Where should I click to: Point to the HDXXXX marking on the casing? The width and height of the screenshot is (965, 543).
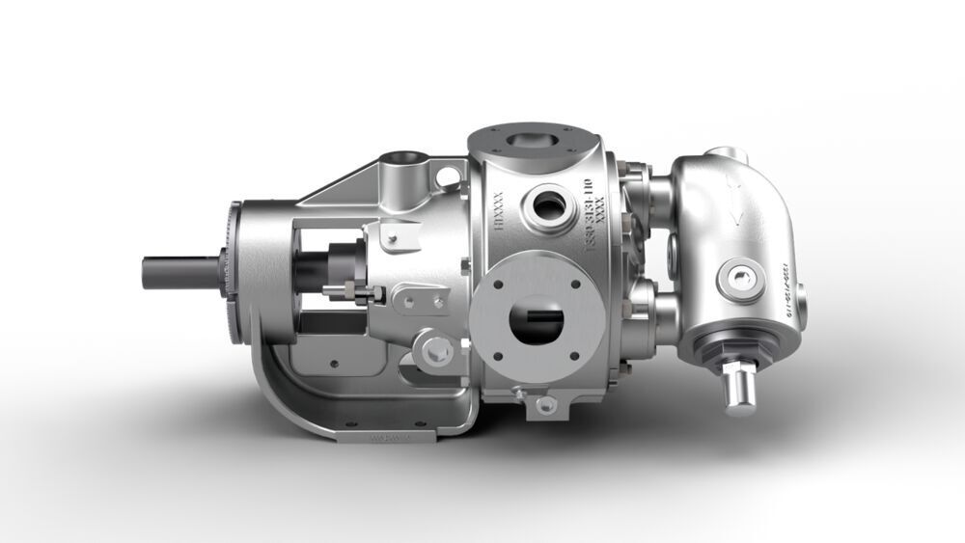pos(499,210)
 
